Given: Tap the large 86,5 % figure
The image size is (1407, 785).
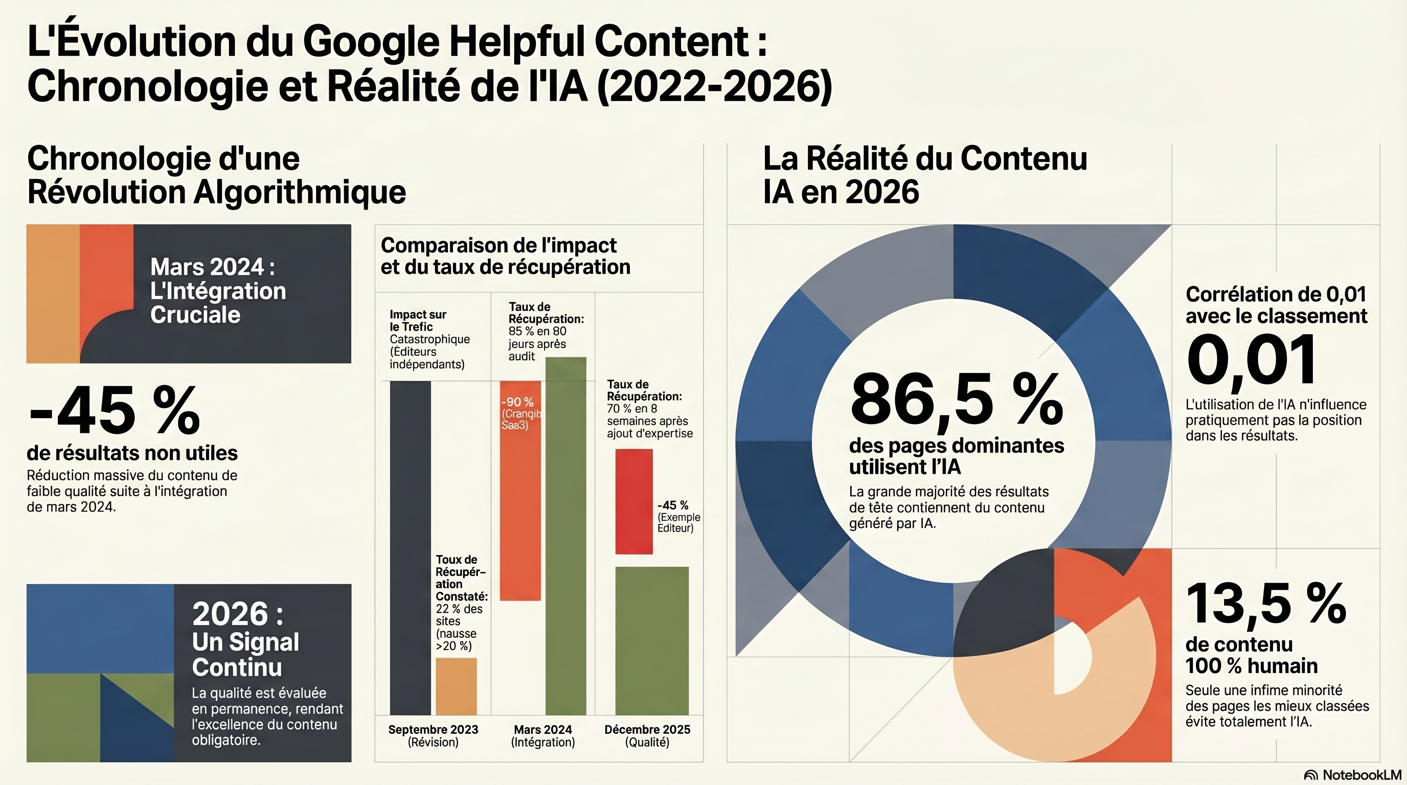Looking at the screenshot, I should [x=957, y=401].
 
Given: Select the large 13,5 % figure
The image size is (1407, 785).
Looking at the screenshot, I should [x=1265, y=604].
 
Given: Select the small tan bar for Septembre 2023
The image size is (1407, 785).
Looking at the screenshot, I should [x=456, y=686].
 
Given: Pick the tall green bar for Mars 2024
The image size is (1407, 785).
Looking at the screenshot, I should [x=566, y=536].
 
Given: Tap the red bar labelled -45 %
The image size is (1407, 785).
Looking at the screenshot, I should [x=633, y=501].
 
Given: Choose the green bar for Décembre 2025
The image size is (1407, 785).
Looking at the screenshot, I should [x=652, y=640].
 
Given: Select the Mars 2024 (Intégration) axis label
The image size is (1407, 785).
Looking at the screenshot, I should [x=543, y=735].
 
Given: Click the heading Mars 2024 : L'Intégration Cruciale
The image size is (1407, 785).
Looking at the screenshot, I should [x=217, y=291].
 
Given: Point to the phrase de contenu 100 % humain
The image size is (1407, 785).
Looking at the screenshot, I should [x=1251, y=655].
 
